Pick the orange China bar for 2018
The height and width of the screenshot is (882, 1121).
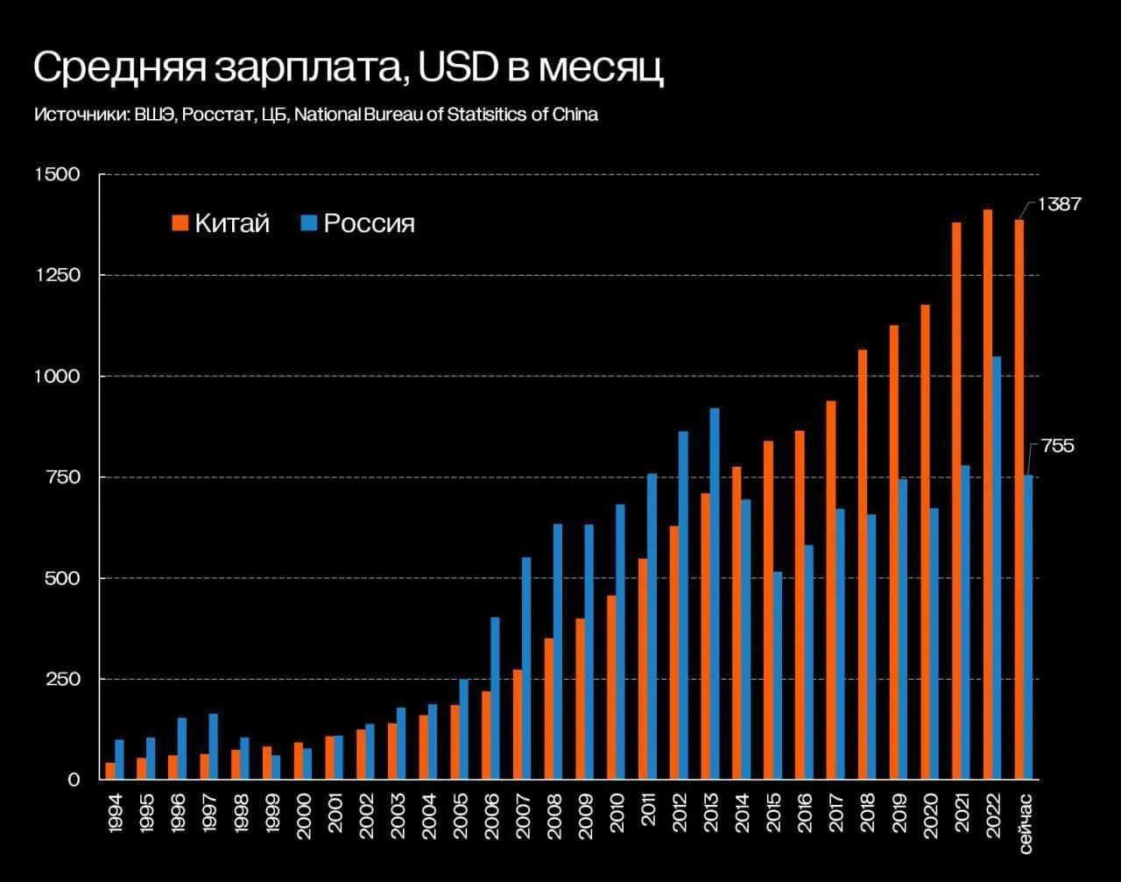(x=863, y=564)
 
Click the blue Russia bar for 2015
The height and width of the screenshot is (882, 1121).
(x=777, y=675)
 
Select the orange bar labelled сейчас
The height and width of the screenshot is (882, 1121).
(x=1019, y=499)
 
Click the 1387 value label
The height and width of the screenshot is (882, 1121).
(x=1059, y=204)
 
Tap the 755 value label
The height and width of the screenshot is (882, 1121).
(x=1057, y=447)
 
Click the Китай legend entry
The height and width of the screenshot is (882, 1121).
(x=221, y=223)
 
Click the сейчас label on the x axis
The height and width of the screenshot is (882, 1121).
(x=1026, y=821)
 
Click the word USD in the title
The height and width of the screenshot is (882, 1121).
(x=458, y=69)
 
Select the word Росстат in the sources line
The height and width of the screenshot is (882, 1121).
(x=211, y=115)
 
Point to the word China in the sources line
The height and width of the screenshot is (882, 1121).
(x=575, y=115)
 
